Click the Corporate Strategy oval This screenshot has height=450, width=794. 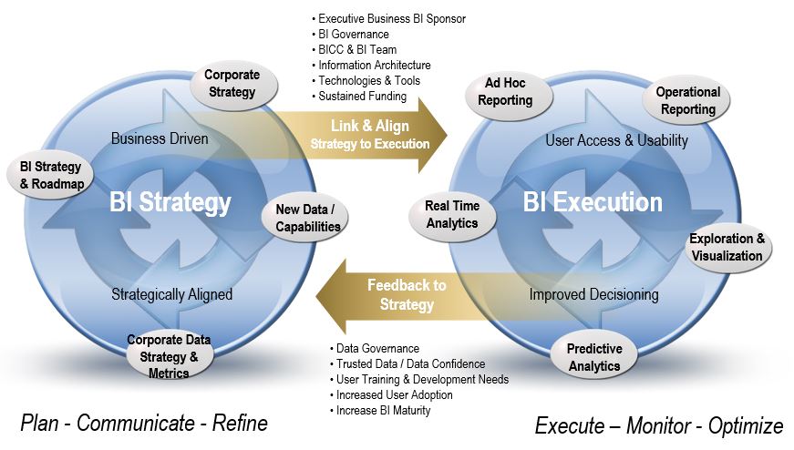click(233, 85)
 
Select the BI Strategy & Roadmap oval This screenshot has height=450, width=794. click(50, 176)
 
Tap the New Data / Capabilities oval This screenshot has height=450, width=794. click(305, 218)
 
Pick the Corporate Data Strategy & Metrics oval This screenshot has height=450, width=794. click(169, 356)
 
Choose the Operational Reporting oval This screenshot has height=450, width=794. click(686, 101)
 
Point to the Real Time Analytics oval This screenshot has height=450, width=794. click(453, 216)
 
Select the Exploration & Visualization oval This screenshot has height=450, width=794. click(727, 248)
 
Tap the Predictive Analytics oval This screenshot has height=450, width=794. click(594, 357)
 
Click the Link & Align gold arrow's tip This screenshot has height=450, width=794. click(447, 135)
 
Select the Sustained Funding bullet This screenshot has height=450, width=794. click(359, 97)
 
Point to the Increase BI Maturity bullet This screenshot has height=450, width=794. click(380, 411)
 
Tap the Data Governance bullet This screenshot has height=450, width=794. click(375, 348)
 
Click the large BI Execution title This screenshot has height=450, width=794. click(593, 202)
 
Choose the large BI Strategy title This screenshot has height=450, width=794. click(170, 202)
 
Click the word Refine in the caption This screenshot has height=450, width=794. click(240, 424)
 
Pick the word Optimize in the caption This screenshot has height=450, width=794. click(745, 426)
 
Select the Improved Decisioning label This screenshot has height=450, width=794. click(594, 294)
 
